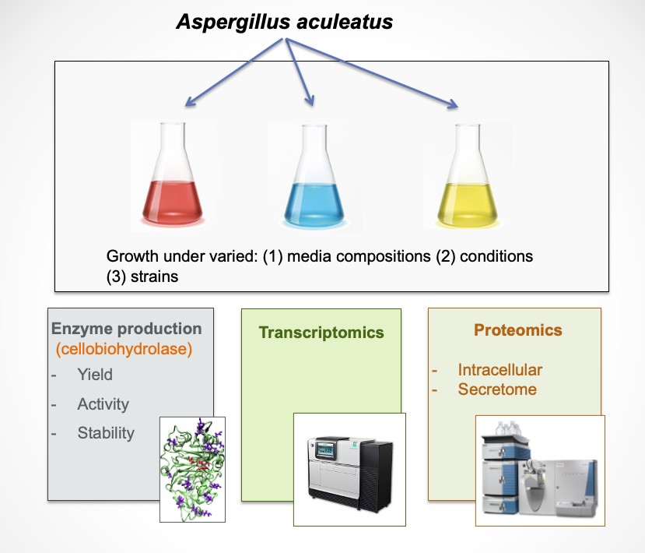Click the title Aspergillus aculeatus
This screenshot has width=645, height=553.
click(x=284, y=22)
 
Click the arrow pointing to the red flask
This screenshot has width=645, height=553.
click(x=233, y=74)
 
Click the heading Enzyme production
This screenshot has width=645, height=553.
click(x=125, y=329)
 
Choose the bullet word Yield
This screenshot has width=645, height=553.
click(x=95, y=375)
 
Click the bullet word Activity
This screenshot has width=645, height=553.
click(x=103, y=404)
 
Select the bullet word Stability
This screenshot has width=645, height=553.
click(x=106, y=433)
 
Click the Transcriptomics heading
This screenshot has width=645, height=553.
click(x=321, y=333)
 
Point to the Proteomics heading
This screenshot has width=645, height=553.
click(x=517, y=330)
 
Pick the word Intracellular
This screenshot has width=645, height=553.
click(x=500, y=370)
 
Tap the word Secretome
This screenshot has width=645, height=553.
click(x=497, y=389)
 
